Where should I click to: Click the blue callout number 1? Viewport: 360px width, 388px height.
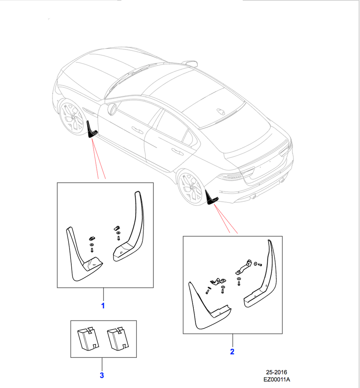[x=103, y=306]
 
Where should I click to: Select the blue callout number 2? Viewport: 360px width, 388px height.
[x=232, y=352]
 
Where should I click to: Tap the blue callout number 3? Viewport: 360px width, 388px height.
[x=102, y=375]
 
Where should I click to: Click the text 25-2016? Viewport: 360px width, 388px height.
[x=276, y=372]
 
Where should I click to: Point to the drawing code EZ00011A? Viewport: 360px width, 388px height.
[x=276, y=380]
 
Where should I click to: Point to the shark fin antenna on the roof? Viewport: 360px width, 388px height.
[x=222, y=110]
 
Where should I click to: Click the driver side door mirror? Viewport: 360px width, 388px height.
[x=112, y=109]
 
